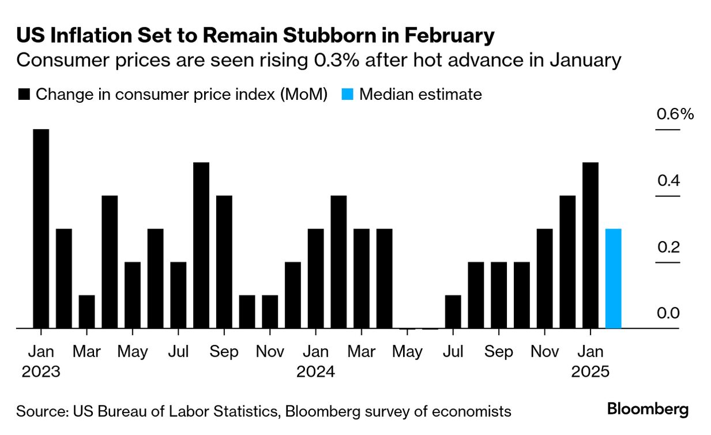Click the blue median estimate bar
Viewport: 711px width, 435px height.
coord(613,279)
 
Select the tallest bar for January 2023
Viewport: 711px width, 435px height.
coord(41,228)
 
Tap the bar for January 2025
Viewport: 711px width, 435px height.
coord(590,245)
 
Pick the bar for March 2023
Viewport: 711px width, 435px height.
coord(86,312)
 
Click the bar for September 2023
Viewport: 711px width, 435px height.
coord(224,262)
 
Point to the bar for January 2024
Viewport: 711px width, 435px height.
coord(315,279)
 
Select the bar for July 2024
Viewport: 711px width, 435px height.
coord(453,312)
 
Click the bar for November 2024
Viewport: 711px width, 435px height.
coord(544,279)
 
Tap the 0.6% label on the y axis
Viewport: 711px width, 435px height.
coord(675,114)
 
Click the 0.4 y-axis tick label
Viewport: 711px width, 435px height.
coord(668,181)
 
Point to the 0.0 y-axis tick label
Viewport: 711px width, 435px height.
coord(668,313)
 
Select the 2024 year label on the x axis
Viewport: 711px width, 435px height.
coord(315,372)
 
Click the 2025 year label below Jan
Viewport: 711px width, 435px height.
coord(590,372)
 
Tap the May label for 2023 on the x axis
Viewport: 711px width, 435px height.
coord(133,351)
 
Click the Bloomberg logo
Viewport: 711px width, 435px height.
coord(648,410)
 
